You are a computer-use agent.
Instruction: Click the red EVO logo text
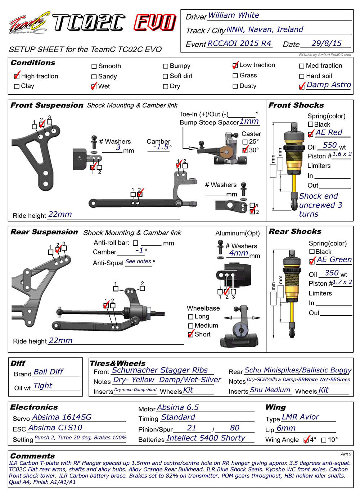(155, 23)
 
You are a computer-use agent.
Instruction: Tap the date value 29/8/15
(327, 44)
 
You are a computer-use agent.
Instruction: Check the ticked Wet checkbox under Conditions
(94, 87)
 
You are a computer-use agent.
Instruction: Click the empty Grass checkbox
(235, 76)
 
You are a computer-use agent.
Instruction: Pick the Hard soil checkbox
(302, 76)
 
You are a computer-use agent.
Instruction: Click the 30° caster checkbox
(245, 150)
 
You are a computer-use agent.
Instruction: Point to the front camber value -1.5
(161, 147)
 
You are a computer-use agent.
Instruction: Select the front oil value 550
(330, 145)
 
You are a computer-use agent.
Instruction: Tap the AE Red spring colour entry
(329, 132)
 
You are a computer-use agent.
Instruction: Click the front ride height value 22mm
(60, 214)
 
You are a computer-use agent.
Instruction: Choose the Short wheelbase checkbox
(191, 334)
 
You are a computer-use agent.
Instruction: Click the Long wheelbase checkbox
(191, 317)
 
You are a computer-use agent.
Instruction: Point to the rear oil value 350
(331, 273)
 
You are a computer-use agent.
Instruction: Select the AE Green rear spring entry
(334, 259)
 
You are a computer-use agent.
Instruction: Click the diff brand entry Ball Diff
(48, 372)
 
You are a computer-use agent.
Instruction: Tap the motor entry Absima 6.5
(178, 407)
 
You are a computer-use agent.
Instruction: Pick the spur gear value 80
(235, 428)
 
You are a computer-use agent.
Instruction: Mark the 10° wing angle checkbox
(324, 440)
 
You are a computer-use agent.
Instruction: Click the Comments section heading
(32, 456)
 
